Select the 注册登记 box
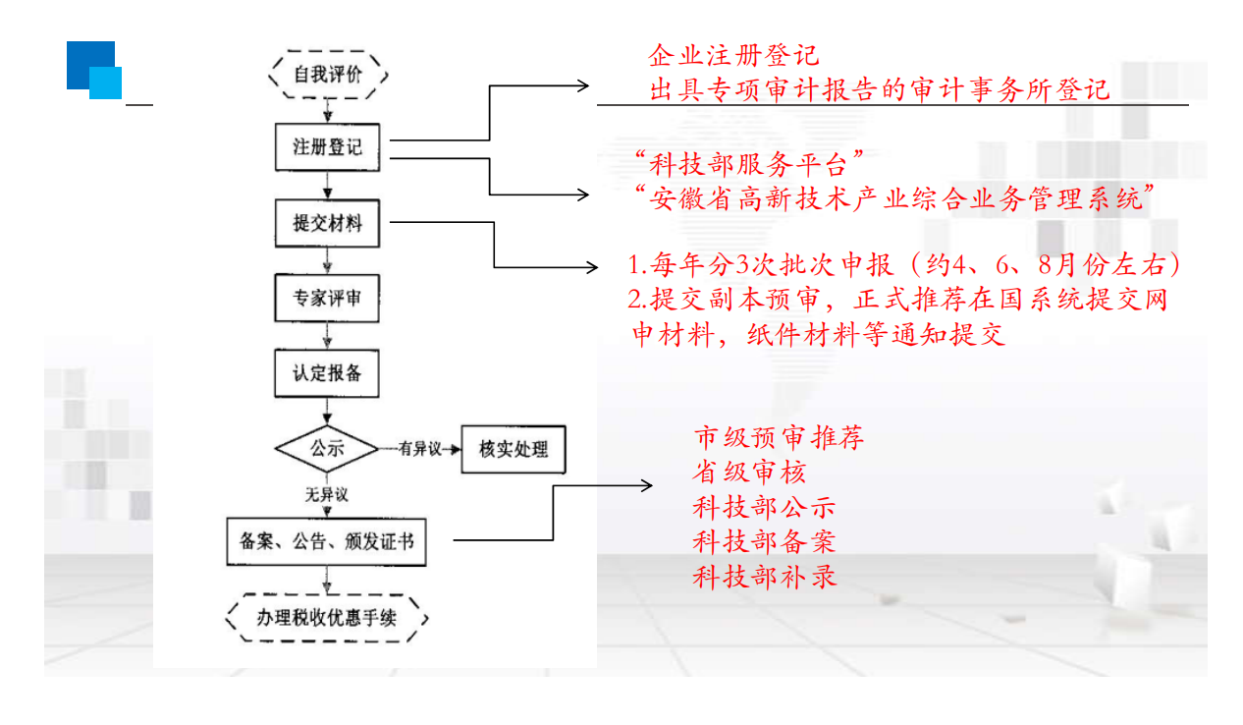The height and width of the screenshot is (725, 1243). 328,148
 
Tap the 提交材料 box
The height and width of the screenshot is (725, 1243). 328,223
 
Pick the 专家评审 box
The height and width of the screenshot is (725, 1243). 328,298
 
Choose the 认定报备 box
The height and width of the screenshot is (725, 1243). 328,373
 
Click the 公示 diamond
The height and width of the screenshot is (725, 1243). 327,449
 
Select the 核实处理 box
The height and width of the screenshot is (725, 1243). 513,450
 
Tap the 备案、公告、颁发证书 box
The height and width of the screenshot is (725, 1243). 327,540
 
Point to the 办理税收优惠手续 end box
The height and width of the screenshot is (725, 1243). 328,618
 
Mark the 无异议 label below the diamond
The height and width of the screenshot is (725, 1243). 327,494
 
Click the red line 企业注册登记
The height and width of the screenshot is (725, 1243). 733,55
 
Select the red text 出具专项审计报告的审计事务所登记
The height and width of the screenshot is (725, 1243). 880,89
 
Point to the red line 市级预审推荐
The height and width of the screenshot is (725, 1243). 779,437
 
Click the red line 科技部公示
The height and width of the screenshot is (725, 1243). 764,507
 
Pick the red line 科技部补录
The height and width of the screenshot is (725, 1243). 764,576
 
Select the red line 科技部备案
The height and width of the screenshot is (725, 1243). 764,541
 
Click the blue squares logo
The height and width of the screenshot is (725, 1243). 94,70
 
